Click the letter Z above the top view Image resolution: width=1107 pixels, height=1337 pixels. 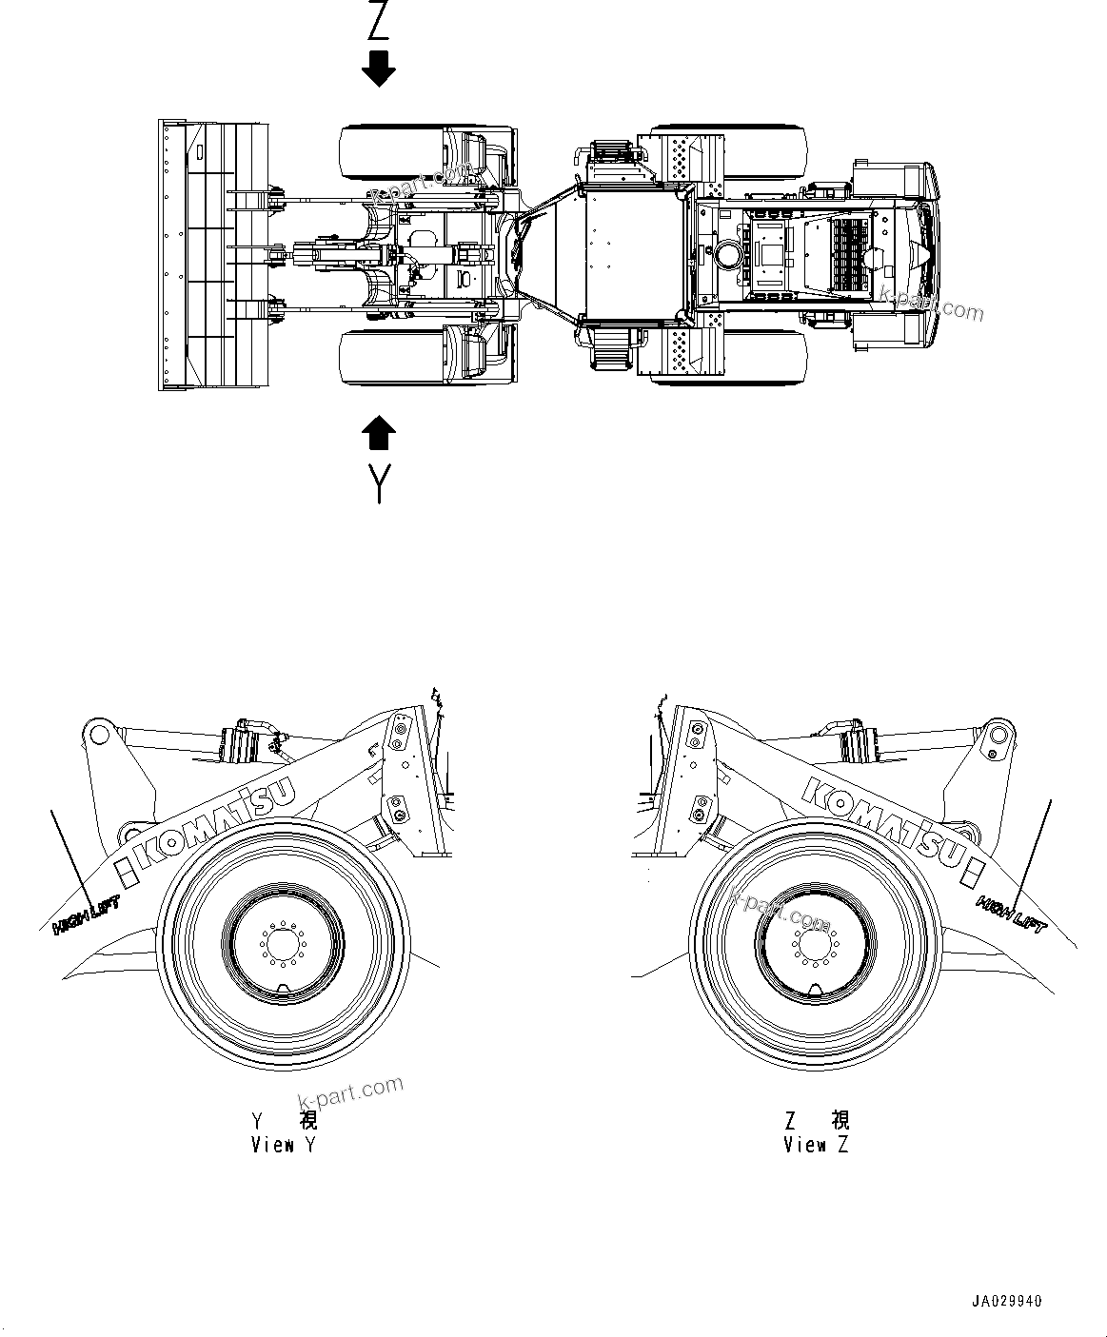pos(379,21)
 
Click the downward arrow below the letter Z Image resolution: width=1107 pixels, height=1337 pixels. pos(379,69)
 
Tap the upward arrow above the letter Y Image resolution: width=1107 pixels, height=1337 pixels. pos(379,433)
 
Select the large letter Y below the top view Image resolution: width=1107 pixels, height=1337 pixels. pos(379,483)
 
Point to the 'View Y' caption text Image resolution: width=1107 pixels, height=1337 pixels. pos(283,1145)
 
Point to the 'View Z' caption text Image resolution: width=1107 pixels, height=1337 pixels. pos(816,1145)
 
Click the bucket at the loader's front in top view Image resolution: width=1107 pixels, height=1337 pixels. pos(211,254)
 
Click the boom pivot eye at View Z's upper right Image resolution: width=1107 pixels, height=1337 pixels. pos(997,735)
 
